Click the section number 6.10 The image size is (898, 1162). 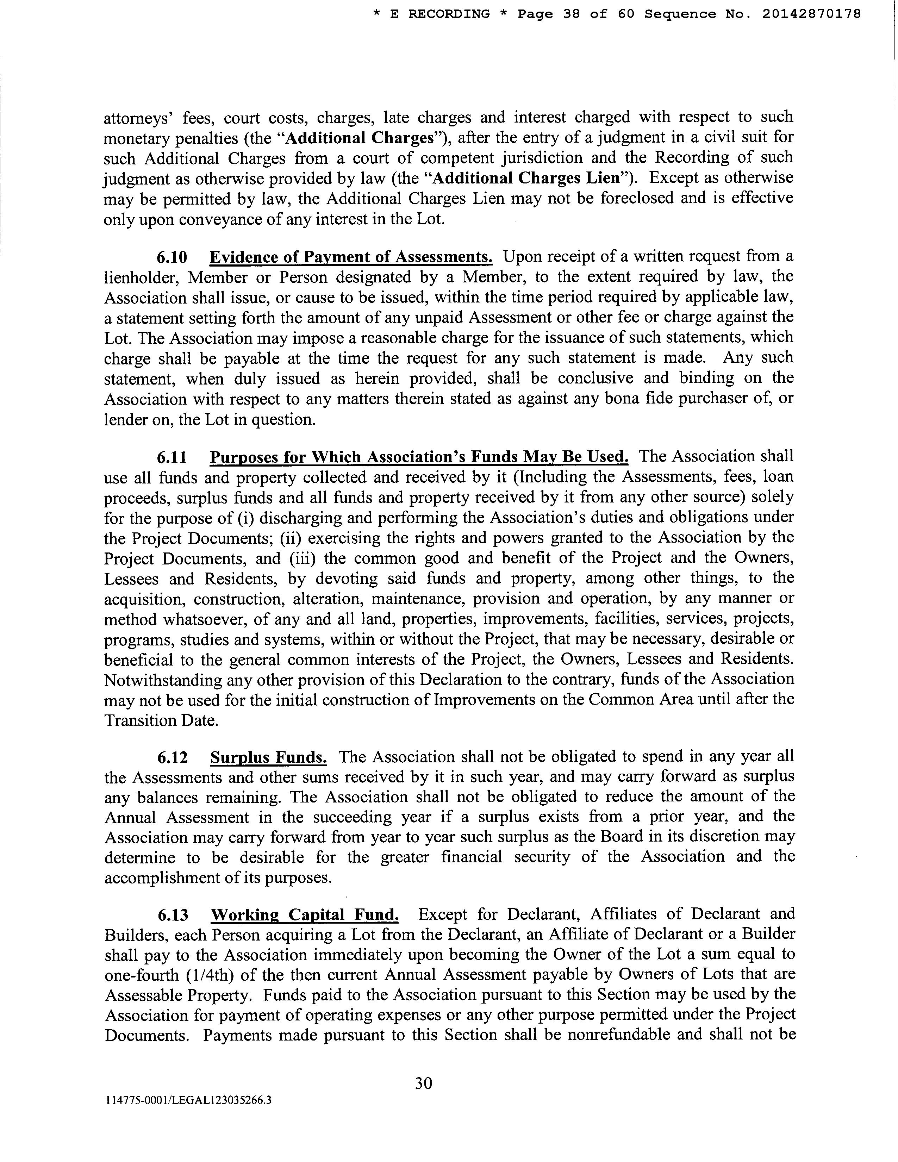172,257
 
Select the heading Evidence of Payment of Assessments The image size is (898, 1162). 351,257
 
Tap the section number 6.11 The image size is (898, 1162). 172,457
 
